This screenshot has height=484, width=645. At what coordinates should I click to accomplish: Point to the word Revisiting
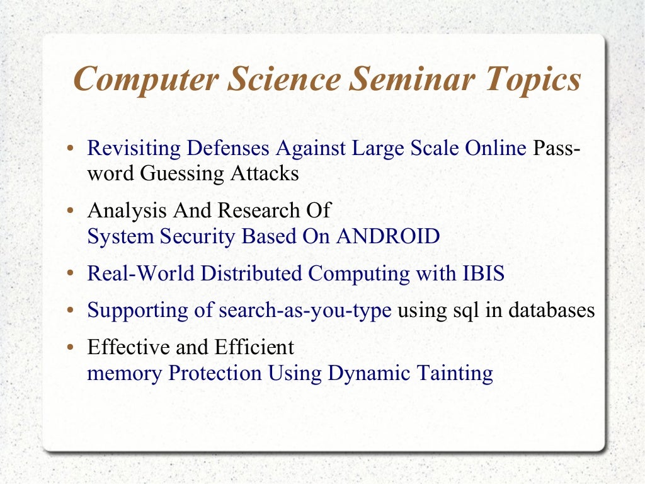tap(133, 148)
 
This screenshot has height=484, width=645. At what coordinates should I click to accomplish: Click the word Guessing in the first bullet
tap(183, 173)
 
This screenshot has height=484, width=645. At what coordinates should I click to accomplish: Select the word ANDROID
tap(388, 236)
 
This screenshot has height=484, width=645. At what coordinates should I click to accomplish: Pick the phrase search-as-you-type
tap(305, 311)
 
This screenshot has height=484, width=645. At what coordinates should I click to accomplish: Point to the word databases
tap(552, 311)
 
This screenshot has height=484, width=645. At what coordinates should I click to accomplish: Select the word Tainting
tap(455, 373)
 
